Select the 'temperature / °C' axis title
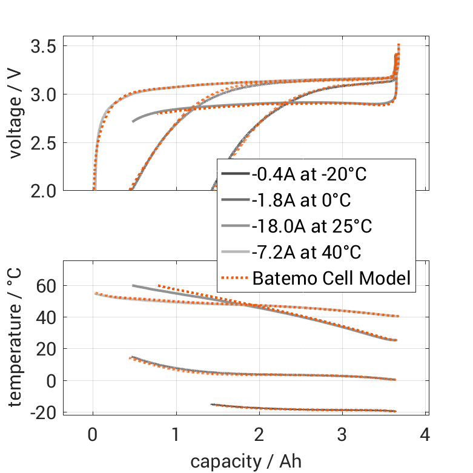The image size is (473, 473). [16, 338]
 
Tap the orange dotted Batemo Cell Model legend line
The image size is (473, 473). [234, 279]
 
